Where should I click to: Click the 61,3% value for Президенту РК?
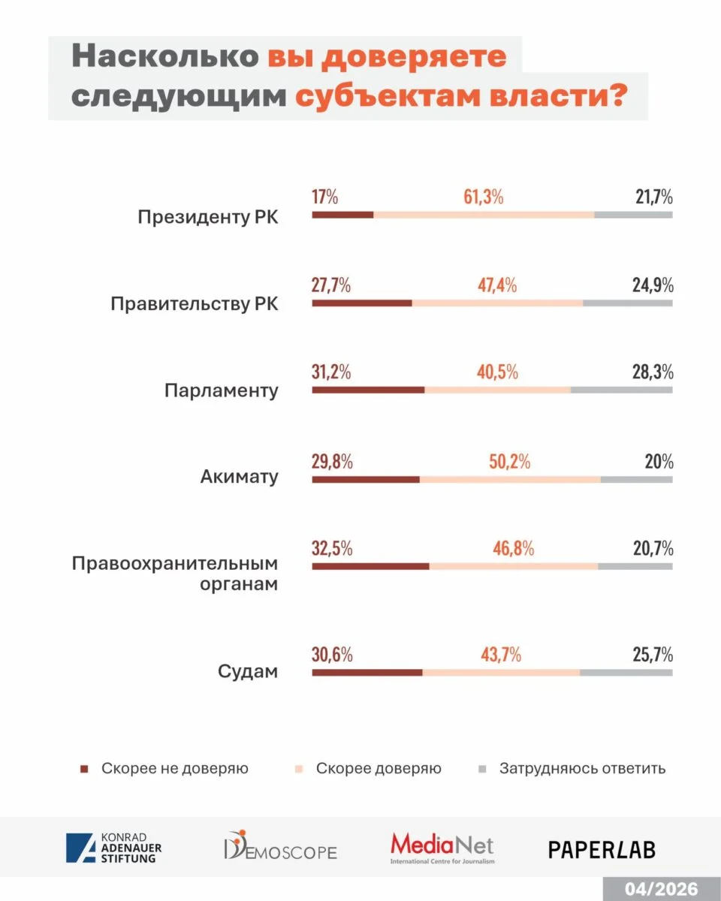(483, 198)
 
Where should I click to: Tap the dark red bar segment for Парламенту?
(368, 390)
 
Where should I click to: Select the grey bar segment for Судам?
(626, 673)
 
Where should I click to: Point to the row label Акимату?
(239, 477)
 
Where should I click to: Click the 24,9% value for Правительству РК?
(652, 285)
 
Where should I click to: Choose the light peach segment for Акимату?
(510, 479)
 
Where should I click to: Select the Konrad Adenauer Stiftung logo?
(113, 848)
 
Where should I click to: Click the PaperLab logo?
(602, 849)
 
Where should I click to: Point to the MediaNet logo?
(442, 848)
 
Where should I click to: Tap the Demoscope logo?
(280, 847)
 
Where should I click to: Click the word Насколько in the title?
(165, 59)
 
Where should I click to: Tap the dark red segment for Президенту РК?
(342, 215)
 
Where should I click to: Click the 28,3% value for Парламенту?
(652, 372)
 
